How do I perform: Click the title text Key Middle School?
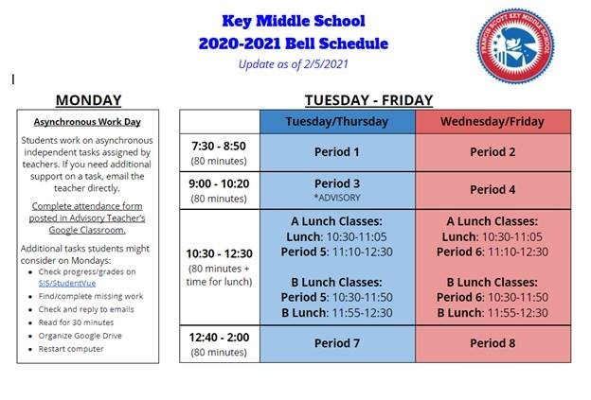pyautogui.click(x=293, y=20)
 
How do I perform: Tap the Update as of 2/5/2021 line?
pyautogui.click(x=294, y=64)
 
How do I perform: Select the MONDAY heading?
pyautogui.click(x=88, y=100)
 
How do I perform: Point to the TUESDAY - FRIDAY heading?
pyautogui.click(x=368, y=100)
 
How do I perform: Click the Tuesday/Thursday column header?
pyautogui.click(x=336, y=123)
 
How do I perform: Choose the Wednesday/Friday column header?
pyautogui.click(x=492, y=123)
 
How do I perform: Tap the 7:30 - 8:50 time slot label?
pyautogui.click(x=220, y=147)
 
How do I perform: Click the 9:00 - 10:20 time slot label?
pyautogui.click(x=220, y=184)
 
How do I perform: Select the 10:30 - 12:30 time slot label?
pyautogui.click(x=220, y=253)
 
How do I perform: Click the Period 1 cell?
pyautogui.click(x=336, y=152)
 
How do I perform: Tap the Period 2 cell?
pyautogui.click(x=492, y=152)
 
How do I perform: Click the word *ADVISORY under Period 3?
pyautogui.click(x=336, y=197)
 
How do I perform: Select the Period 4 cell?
pyautogui.click(x=492, y=189)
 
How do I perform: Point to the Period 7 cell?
pyautogui.click(x=336, y=343)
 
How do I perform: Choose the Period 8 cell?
pyautogui.click(x=492, y=343)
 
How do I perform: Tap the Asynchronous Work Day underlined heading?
pyautogui.click(x=88, y=122)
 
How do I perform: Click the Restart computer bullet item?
pyautogui.click(x=71, y=349)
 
